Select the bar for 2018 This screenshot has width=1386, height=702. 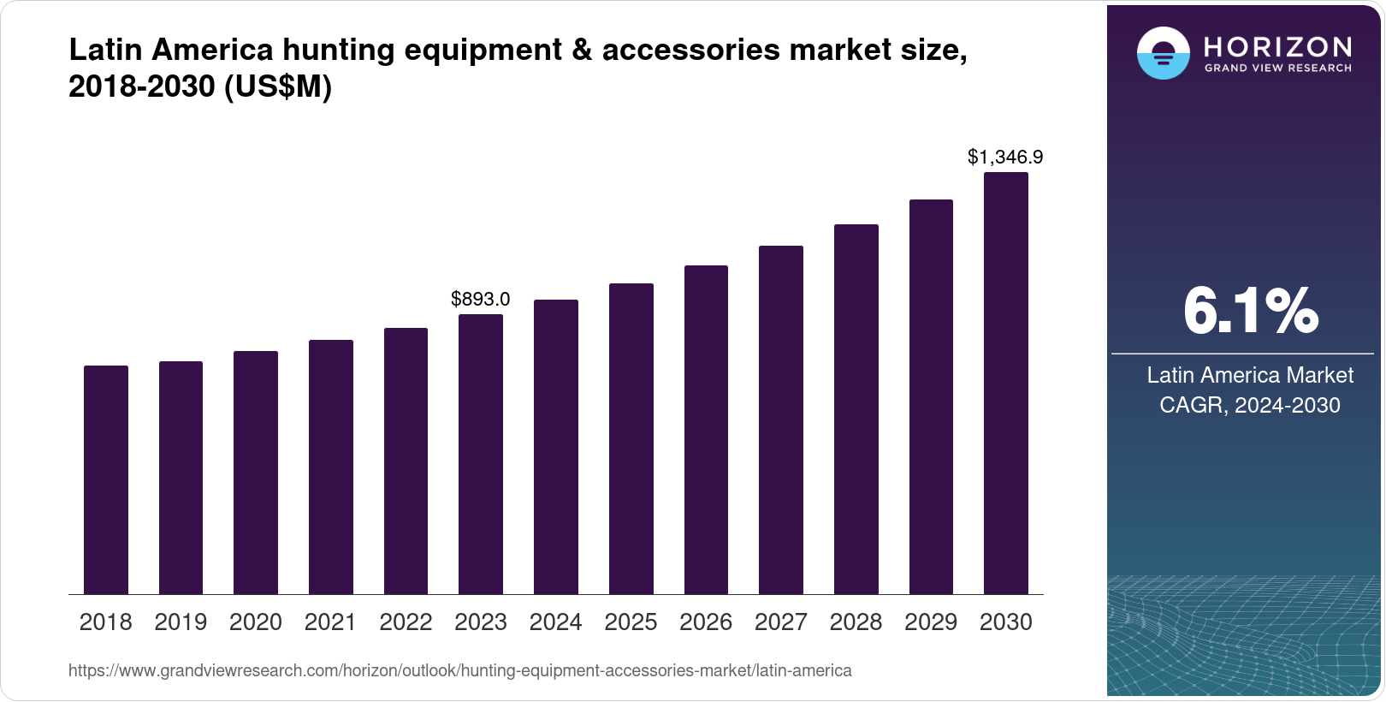coord(106,479)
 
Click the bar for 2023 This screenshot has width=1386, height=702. coord(481,454)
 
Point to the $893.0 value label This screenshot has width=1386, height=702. coord(481,299)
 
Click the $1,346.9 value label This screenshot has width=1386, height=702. coord(1005,157)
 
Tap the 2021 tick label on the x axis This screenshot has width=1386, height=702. coord(330,622)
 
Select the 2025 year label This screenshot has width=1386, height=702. coord(631,622)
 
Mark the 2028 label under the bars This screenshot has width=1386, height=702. coord(856,622)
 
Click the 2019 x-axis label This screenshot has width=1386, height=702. coord(181,622)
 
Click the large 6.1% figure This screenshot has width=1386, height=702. coord(1250,312)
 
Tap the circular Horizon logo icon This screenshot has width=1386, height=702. coord(1163,53)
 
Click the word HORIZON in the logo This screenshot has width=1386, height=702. coord(1277,46)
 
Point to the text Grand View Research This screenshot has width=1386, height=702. coord(1277,68)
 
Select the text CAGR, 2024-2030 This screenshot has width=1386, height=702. coord(1250,405)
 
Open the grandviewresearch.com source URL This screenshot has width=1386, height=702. coord(459,670)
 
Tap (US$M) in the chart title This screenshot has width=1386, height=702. coord(277,86)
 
